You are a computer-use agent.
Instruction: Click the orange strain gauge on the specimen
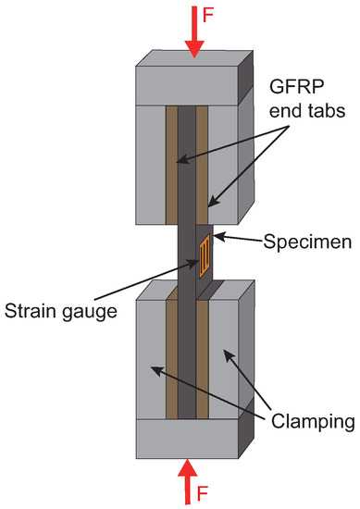point(203,254)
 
